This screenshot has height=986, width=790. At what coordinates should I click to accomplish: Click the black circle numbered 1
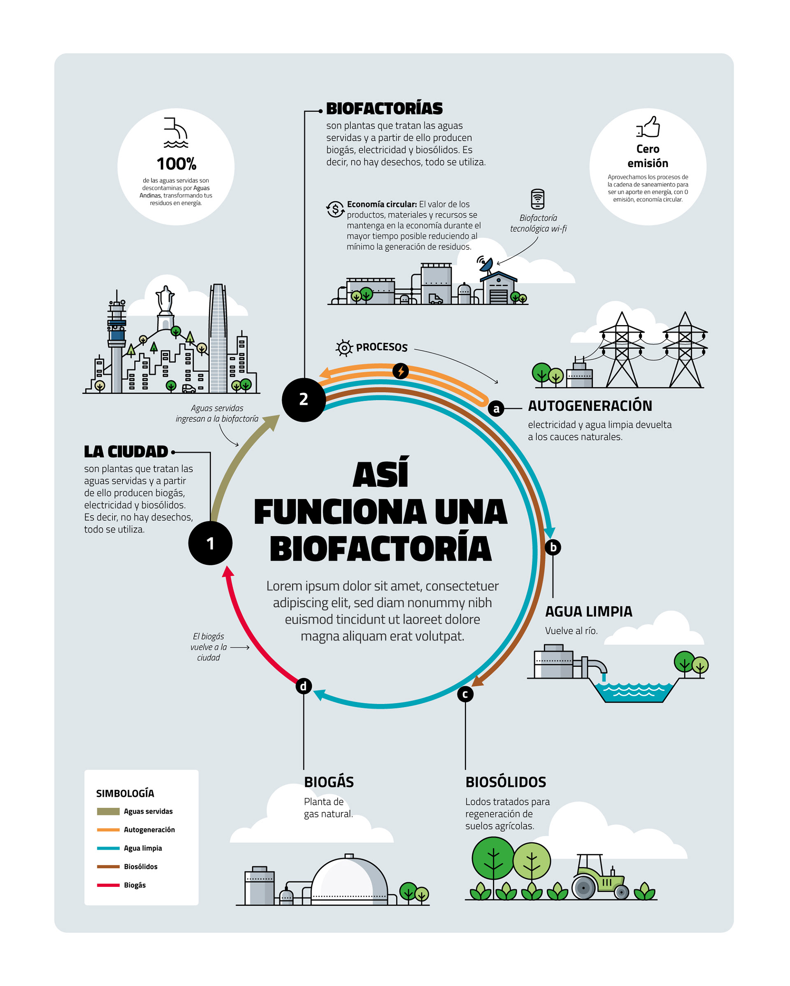[x=210, y=543]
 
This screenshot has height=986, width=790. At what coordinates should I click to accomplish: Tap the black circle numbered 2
[x=304, y=400]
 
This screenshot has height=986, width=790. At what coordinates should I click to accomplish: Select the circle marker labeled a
[x=496, y=408]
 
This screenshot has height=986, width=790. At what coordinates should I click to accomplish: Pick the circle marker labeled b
[x=553, y=547]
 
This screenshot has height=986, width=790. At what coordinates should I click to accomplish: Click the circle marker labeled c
[x=465, y=694]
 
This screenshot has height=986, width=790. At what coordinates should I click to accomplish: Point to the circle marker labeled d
[x=304, y=686]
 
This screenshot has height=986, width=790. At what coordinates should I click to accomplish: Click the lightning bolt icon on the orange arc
[x=400, y=371]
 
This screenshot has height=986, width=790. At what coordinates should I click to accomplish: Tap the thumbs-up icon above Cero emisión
[x=648, y=127]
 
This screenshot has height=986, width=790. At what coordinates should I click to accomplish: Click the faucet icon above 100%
[x=176, y=133]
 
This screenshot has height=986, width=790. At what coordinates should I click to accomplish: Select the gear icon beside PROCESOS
[x=344, y=348]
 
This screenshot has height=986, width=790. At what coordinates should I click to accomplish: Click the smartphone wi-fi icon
[x=538, y=199]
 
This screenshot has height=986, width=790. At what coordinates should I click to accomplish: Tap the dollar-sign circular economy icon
[x=335, y=209]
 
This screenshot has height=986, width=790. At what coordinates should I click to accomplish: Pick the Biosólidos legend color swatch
[x=108, y=867]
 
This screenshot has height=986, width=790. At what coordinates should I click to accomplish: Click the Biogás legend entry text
[x=135, y=885]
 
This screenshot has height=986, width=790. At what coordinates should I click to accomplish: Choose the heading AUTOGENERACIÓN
[x=590, y=406]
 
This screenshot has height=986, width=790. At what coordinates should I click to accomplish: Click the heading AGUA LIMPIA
[x=588, y=612]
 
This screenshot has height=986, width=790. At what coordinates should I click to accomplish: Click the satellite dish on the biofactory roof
[x=486, y=264]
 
